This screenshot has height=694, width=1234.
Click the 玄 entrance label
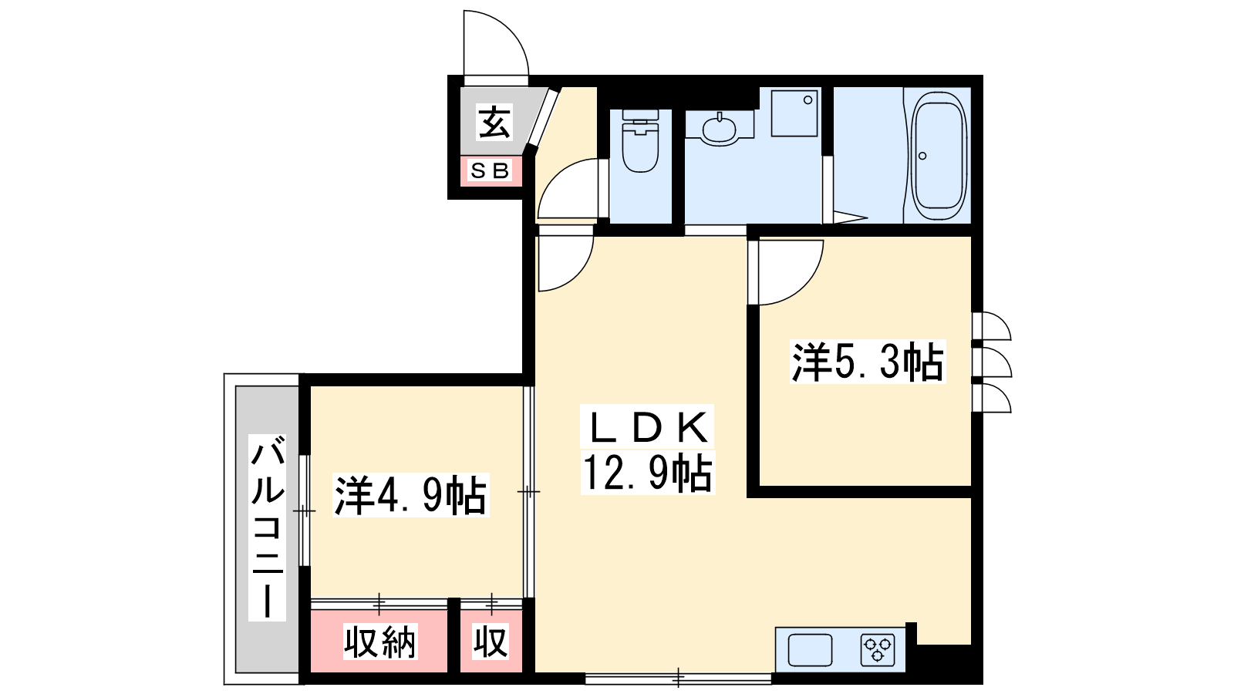[x=494, y=122]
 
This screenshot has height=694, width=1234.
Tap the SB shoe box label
[x=490, y=170]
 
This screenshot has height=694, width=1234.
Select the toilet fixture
[x=640, y=140]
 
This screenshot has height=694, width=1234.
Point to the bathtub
[x=939, y=155]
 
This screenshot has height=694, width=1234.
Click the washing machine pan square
[x=794, y=113]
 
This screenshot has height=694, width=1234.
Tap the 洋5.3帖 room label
[x=868, y=362]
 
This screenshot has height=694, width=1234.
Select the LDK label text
[x=648, y=427]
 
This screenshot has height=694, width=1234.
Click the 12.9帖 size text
[x=648, y=473]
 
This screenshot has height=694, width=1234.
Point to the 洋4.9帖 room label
[x=411, y=495]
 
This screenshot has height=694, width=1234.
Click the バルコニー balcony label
[x=267, y=527]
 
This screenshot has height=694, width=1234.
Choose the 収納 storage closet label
[x=380, y=642]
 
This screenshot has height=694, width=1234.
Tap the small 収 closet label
[x=491, y=642]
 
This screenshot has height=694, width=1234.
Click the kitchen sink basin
[x=810, y=650]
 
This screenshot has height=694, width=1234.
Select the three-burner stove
[x=878, y=650]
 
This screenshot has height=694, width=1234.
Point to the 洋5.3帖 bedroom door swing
[x=804, y=285]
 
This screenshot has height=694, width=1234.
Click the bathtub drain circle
[x=922, y=156]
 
